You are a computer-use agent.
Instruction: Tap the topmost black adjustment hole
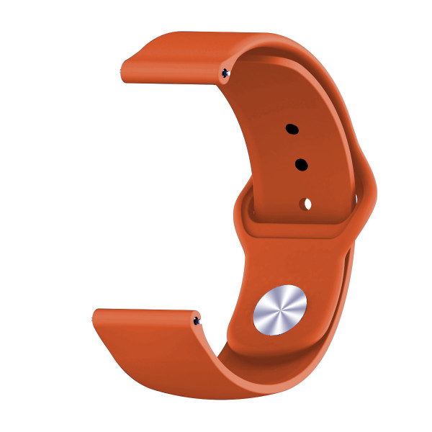(x=292, y=130)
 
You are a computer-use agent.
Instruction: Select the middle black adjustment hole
(x=301, y=165)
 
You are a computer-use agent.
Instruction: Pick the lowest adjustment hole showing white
(x=307, y=204)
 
